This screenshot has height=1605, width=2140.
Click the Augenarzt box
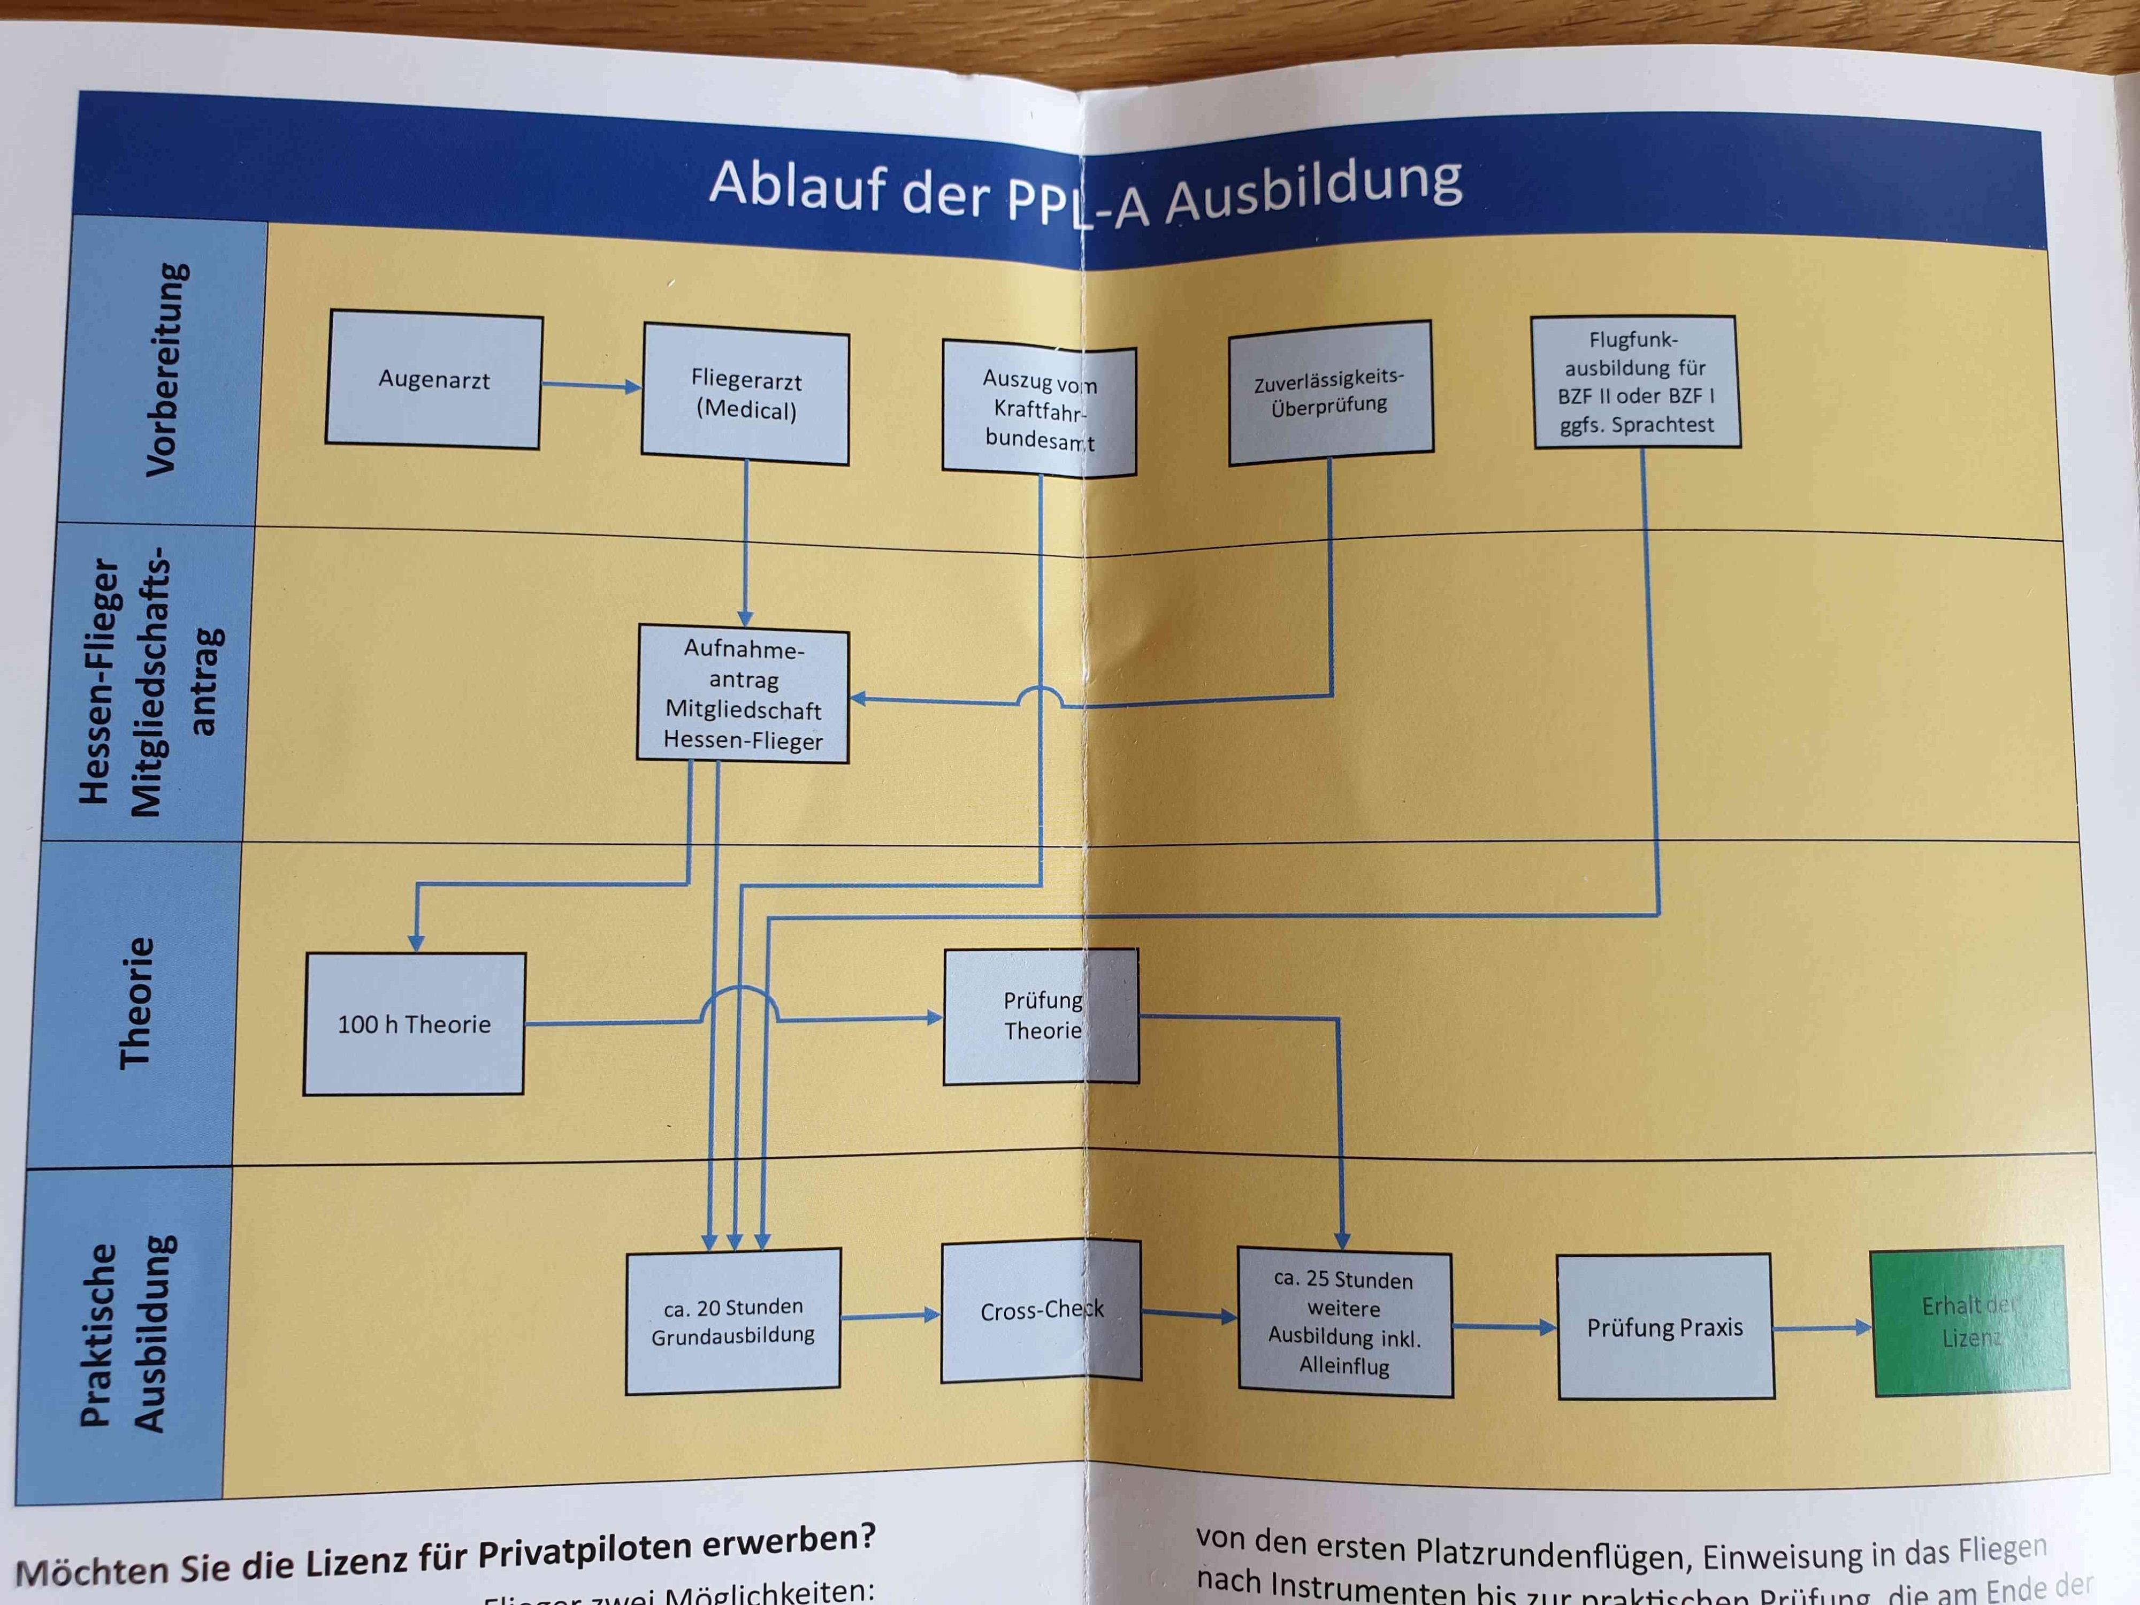pyautogui.click(x=433, y=380)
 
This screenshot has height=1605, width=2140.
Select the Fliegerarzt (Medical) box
pyautogui.click(x=746, y=395)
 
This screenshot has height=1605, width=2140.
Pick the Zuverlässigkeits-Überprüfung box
pyautogui.click(x=1330, y=392)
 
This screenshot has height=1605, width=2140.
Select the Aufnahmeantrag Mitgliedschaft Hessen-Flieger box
pyautogui.click(x=743, y=694)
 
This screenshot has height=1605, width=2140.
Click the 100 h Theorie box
pyautogui.click(x=414, y=1023)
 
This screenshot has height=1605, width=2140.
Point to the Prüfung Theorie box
pyautogui.click(x=1041, y=1016)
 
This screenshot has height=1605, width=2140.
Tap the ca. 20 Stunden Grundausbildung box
pyautogui.click(x=733, y=1320)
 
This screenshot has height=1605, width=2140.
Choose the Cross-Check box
pyautogui.click(x=1041, y=1311)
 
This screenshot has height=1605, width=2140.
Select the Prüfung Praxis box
pyautogui.click(x=1665, y=1327)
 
